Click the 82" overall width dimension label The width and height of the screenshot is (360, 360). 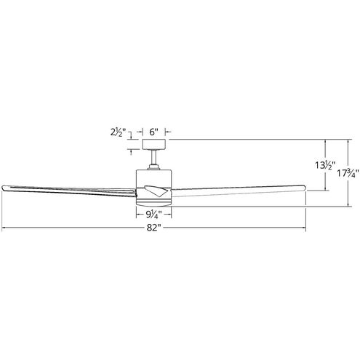coord(153,228)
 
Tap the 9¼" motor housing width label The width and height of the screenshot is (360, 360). coord(153,215)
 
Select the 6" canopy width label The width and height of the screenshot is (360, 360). coord(153,132)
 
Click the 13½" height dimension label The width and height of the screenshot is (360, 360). coord(325,165)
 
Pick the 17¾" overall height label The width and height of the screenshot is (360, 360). coord(347,174)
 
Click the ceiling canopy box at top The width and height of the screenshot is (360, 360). coord(153,144)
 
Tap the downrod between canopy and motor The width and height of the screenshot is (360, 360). coord(153,157)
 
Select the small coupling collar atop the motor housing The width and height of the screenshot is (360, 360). coord(153,167)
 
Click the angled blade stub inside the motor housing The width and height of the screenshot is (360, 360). coord(156,191)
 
